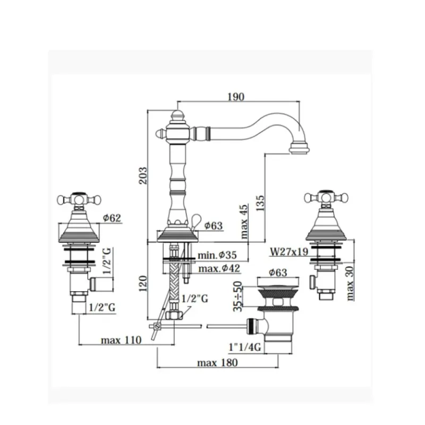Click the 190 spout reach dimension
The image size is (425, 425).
[x=236, y=97]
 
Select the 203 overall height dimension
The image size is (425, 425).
[x=143, y=176]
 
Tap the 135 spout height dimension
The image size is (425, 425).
[x=260, y=203]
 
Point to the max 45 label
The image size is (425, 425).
[x=244, y=222]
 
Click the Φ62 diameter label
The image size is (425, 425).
[x=112, y=218]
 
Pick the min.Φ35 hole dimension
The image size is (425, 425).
[x=217, y=255]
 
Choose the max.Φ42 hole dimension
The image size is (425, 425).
[x=219, y=269]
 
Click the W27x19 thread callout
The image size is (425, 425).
[x=289, y=252]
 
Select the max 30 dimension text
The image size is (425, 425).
[x=350, y=283]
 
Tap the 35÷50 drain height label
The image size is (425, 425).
[x=237, y=296]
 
